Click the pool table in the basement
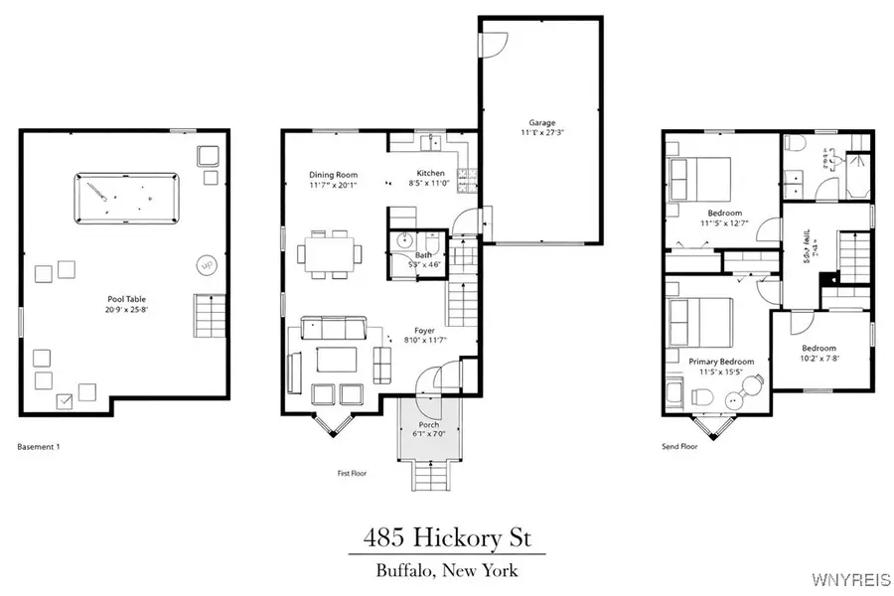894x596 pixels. pos(125,192)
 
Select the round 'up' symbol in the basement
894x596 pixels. pos(207,265)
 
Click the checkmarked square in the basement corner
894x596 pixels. pos(66,400)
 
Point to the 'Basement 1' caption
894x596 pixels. pos(39,447)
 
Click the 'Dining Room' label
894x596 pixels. pos(332,174)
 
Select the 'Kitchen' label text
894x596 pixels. pos(430,173)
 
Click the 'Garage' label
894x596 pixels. pos(541,122)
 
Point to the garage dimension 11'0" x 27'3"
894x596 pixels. pos(541,132)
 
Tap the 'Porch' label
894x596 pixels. pos(428,425)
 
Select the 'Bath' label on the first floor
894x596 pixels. pos(423,254)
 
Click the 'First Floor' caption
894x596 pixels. pos(352,474)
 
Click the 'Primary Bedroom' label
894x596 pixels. pos(721,362)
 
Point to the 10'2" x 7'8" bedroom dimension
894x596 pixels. pos(822,358)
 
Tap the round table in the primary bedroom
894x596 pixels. pos(738,398)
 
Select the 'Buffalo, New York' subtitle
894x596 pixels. pos(447,570)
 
